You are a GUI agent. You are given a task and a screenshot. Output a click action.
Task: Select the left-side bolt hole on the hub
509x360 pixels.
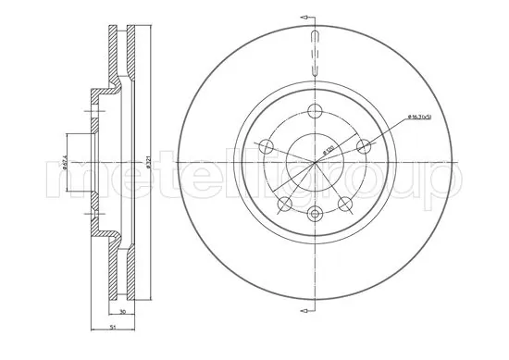click(266, 145)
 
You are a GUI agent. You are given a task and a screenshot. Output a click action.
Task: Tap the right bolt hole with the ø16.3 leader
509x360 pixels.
click(365, 144)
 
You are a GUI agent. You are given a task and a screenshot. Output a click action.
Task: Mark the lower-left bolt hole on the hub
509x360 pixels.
click(285, 204)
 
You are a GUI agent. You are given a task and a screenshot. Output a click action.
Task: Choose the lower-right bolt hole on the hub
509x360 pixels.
click(346, 204)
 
